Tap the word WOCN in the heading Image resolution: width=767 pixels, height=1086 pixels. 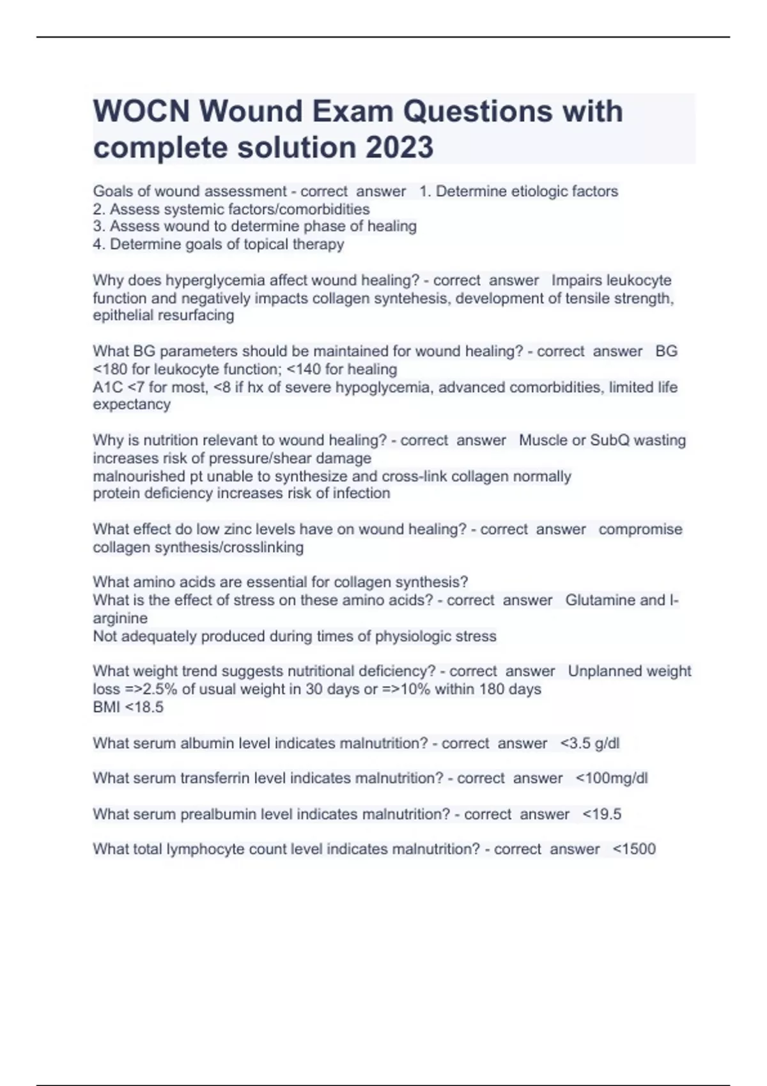[x=141, y=111]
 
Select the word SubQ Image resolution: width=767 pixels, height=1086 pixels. [x=610, y=440]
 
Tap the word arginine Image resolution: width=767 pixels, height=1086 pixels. [x=120, y=618]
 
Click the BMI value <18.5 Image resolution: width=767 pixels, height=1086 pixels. [x=146, y=707]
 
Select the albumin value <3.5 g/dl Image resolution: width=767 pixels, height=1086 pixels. [x=589, y=744]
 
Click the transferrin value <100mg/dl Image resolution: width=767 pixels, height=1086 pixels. [x=611, y=778]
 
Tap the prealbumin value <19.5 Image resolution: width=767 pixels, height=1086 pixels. [x=601, y=814]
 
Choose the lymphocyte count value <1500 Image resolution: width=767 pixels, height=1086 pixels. [x=633, y=849]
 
